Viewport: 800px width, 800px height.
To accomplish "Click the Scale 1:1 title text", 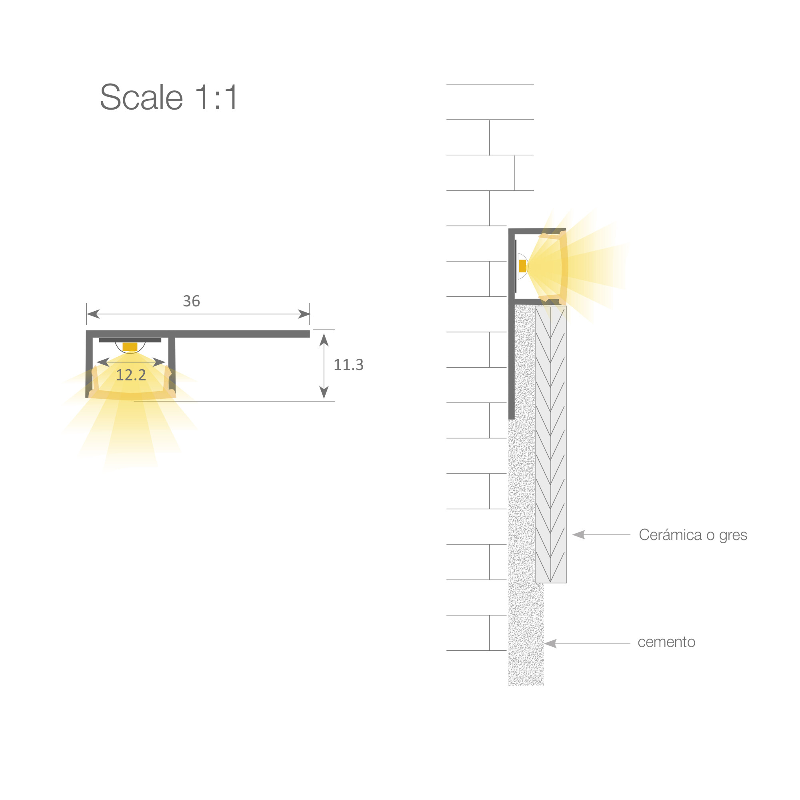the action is pyautogui.click(x=169, y=97).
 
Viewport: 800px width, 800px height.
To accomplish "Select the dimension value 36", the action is pyautogui.click(x=191, y=301).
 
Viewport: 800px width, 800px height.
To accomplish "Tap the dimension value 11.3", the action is pyautogui.click(x=348, y=364).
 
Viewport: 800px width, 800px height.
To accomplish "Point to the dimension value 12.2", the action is pyautogui.click(x=131, y=375).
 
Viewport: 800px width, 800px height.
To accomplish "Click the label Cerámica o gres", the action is pyautogui.click(x=693, y=534).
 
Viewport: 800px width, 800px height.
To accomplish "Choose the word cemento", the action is pyautogui.click(x=666, y=642).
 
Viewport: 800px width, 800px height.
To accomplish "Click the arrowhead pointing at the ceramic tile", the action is pyautogui.click(x=578, y=534).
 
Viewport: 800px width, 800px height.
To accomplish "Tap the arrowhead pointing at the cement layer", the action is pyautogui.click(x=550, y=644).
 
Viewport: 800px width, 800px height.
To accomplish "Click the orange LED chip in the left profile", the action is pyautogui.click(x=130, y=346).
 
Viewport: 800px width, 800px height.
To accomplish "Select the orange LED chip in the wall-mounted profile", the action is pyautogui.click(x=522, y=266).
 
